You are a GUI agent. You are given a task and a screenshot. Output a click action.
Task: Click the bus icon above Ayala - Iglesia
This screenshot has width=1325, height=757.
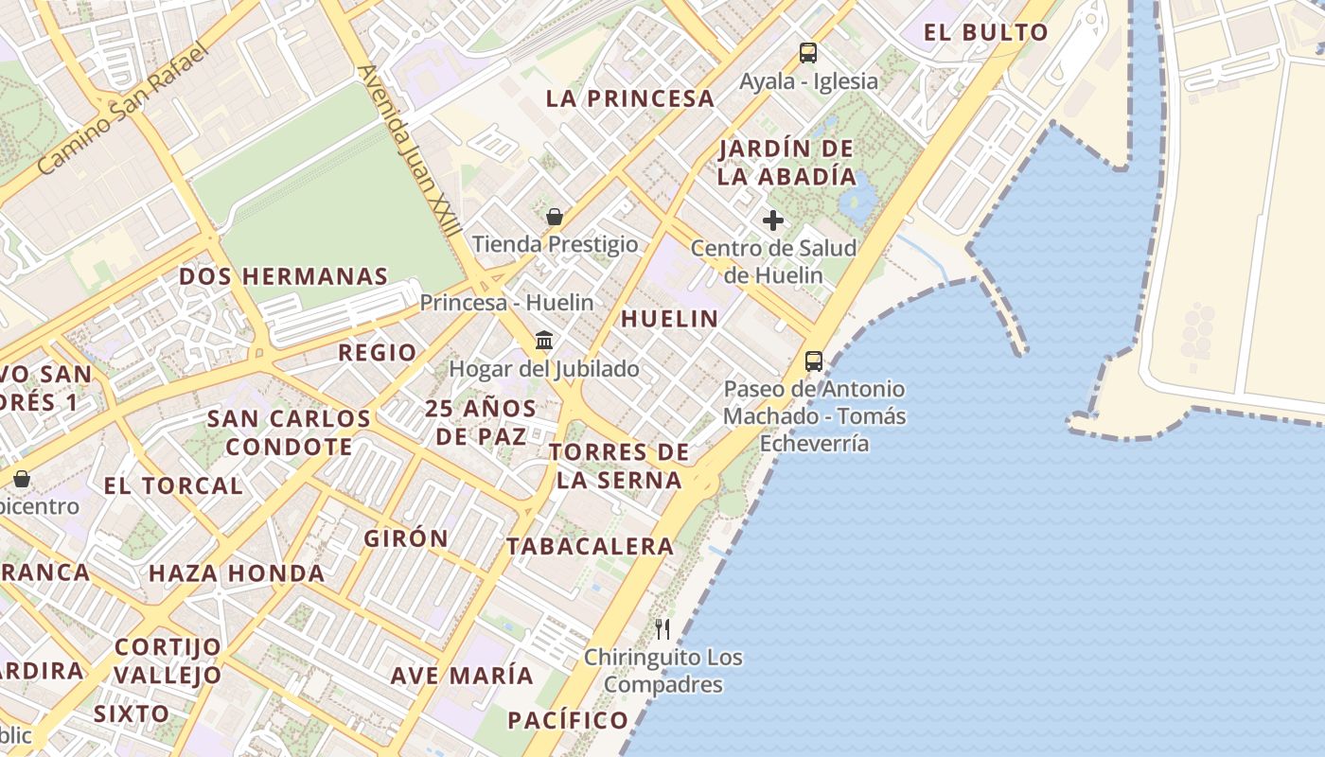tap(807, 53)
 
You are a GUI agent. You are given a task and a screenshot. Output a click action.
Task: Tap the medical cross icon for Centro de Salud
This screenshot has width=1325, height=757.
tap(773, 220)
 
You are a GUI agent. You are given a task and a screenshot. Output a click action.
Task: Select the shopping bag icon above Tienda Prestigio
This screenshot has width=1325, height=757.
tap(555, 217)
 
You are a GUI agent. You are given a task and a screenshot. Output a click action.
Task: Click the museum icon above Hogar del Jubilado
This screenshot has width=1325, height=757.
tap(544, 340)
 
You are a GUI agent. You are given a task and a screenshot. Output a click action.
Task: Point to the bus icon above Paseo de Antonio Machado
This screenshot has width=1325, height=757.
tap(814, 361)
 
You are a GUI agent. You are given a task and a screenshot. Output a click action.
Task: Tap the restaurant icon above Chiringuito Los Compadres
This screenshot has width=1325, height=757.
tap(662, 628)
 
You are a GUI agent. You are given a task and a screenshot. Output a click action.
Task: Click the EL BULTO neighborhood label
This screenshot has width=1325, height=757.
tap(986, 32)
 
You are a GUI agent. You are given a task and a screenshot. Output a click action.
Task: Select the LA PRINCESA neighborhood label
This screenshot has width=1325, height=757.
tap(630, 98)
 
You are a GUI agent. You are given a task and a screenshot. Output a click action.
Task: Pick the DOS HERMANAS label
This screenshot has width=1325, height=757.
tap(284, 276)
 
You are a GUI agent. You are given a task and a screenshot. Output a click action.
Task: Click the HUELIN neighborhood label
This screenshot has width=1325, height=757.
tap(670, 319)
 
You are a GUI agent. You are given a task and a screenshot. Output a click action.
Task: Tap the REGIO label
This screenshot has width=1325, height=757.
tap(378, 353)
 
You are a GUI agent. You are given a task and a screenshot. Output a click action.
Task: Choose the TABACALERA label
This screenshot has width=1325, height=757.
tap(590, 546)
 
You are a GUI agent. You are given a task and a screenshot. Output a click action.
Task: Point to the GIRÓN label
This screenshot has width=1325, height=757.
tap(406, 538)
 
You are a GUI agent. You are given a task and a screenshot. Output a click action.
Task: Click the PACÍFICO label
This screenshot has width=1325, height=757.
tap(568, 720)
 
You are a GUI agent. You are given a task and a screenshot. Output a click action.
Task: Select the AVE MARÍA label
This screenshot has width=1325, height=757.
tap(462, 676)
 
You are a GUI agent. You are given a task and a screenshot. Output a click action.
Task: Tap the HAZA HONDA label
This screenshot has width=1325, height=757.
tap(237, 573)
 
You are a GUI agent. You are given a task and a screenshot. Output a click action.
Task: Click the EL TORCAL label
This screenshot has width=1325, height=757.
tap(173, 486)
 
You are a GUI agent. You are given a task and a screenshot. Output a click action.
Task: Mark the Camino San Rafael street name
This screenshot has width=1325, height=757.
tap(122, 110)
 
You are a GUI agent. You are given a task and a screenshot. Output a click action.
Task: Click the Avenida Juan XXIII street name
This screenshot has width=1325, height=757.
tap(410, 150)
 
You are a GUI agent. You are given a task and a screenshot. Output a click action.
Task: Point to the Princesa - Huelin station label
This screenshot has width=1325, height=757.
tap(506, 303)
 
